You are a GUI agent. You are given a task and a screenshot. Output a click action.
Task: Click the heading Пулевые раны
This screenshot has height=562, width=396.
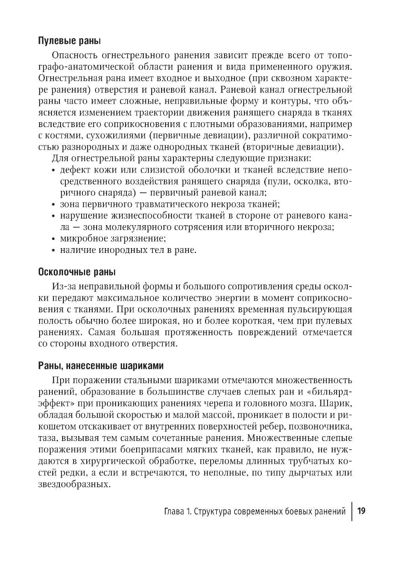69,41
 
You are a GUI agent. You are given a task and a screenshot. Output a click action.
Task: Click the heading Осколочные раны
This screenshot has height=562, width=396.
77,272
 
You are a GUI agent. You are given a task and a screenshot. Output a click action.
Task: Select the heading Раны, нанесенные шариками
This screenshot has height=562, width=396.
100,365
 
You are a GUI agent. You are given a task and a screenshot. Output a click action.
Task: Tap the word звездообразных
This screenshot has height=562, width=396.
74,484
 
